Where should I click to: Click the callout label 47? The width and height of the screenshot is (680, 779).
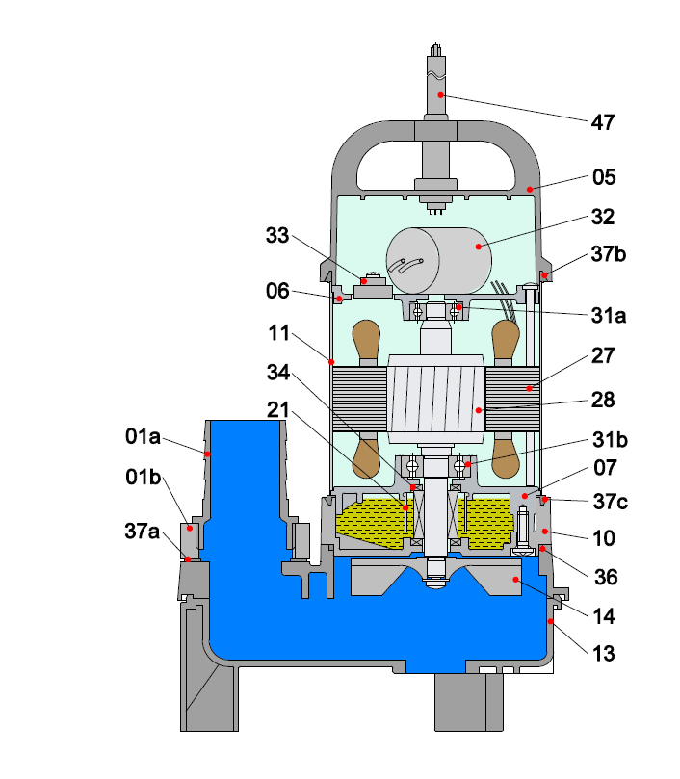pyautogui.click(x=603, y=122)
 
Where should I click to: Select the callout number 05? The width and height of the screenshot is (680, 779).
pyautogui.click(x=603, y=177)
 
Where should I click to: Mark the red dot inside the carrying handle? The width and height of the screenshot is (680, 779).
pyautogui.click(x=529, y=188)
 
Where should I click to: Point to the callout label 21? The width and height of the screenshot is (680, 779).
pyautogui.click(x=277, y=413)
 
